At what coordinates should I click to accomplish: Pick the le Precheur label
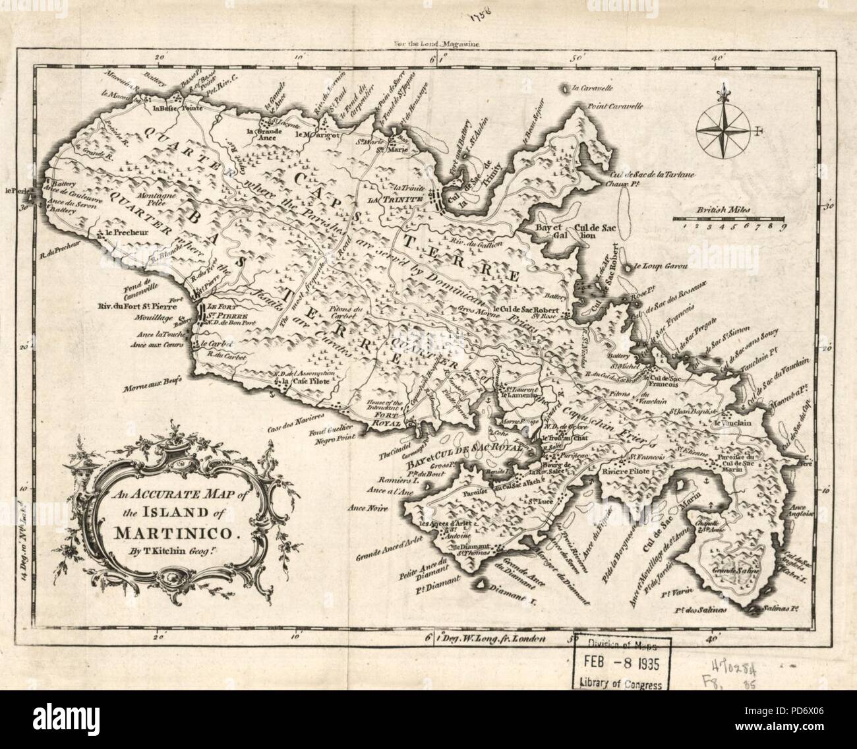point(119,233)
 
